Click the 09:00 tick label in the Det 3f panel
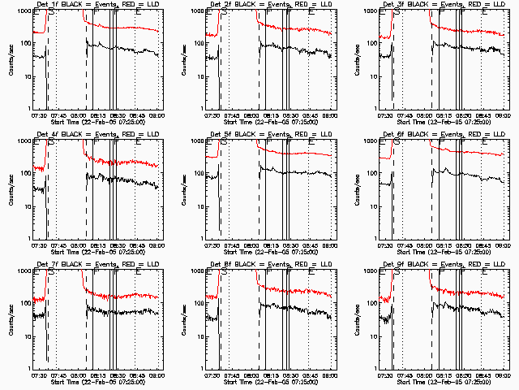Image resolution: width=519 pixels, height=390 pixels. click(503, 115)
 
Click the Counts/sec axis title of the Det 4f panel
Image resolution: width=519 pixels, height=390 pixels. click(9, 189)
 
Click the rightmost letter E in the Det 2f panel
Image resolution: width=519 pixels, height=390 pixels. click(311, 14)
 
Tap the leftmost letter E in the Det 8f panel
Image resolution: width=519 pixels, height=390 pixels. click(209, 274)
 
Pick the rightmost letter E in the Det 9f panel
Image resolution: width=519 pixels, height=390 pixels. click(485, 274)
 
